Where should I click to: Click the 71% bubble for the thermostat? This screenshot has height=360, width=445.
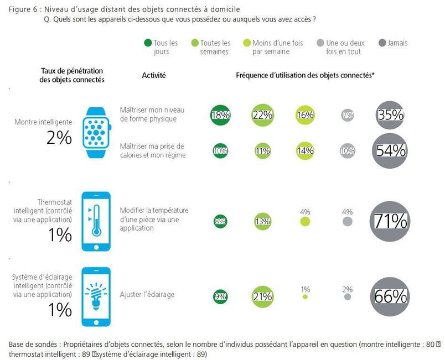click(x=391, y=221)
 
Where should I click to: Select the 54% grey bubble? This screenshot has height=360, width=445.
click(x=391, y=150)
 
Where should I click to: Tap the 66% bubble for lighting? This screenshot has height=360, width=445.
click(x=391, y=296)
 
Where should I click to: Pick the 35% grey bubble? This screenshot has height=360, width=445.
click(x=391, y=115)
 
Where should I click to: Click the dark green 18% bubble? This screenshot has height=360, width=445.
click(x=220, y=115)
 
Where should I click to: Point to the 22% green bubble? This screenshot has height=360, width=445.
click(x=263, y=115)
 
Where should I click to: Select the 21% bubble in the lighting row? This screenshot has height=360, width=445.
click(x=263, y=296)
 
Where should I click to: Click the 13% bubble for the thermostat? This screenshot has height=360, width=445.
click(x=263, y=222)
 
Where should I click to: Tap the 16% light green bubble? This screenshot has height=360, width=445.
click(x=305, y=115)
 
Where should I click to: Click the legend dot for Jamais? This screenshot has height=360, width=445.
click(x=381, y=43)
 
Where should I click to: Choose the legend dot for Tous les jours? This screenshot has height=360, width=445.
click(x=148, y=43)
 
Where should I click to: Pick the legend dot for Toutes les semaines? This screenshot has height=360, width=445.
click(x=194, y=43)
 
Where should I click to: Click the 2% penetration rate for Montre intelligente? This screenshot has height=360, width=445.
click(x=59, y=138)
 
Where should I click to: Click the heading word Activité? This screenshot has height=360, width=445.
click(x=154, y=75)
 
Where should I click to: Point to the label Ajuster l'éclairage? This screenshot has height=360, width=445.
click(x=147, y=295)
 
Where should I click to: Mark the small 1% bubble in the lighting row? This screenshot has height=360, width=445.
click(x=305, y=297)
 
